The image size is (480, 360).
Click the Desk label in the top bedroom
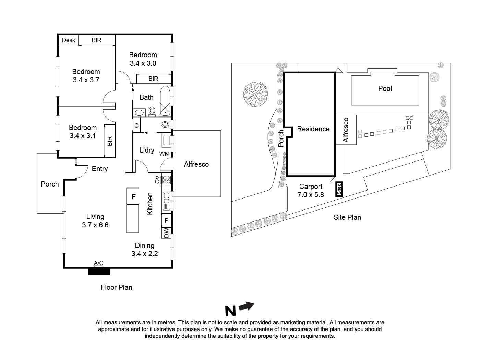pos(69,40)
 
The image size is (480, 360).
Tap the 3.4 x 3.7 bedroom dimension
pos(86,80)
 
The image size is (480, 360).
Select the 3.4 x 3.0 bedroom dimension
pos(143,63)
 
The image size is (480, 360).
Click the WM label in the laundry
pos(164,154)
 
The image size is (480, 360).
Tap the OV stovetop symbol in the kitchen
pos(166,180)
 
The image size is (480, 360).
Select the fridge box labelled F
pos(133,196)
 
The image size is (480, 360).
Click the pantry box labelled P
pos(166,220)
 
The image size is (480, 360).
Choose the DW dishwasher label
pos(166,233)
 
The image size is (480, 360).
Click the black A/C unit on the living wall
pos(99,271)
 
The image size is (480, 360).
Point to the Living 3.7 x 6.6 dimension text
pos(95,225)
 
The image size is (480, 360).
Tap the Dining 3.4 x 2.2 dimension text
pos(144,254)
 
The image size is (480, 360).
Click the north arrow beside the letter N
pos(247,306)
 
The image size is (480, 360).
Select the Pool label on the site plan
pos(385,88)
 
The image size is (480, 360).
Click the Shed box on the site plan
pos(339,189)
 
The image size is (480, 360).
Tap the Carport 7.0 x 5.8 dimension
pos(311,195)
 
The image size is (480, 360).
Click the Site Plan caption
pos(347,217)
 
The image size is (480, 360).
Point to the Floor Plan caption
pos(116,287)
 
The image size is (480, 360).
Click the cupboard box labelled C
pos(136,125)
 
